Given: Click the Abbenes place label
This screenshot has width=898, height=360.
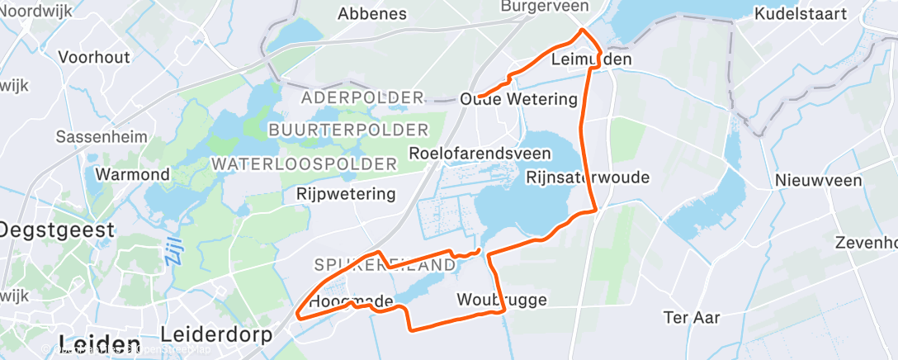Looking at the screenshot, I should point(372,13).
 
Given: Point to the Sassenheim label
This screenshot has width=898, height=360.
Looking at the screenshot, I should point(102,136).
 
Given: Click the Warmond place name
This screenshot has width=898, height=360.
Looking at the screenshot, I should point(133,174).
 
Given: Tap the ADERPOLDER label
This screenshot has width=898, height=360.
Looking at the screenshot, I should point(362,97).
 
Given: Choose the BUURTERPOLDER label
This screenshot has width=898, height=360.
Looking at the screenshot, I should point(348,130).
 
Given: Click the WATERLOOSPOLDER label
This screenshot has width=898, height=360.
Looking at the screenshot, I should point(304,163).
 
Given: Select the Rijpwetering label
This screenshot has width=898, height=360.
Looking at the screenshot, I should point(346,195).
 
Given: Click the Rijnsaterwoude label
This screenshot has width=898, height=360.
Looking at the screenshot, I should point(588,178).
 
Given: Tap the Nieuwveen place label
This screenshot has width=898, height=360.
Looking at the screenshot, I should point(818,180).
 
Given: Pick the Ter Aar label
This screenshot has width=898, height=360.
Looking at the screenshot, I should point(692,317).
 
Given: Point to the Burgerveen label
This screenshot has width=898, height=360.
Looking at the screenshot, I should point(545,6).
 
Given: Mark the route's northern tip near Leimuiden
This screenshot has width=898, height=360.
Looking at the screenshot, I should point(584,30).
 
